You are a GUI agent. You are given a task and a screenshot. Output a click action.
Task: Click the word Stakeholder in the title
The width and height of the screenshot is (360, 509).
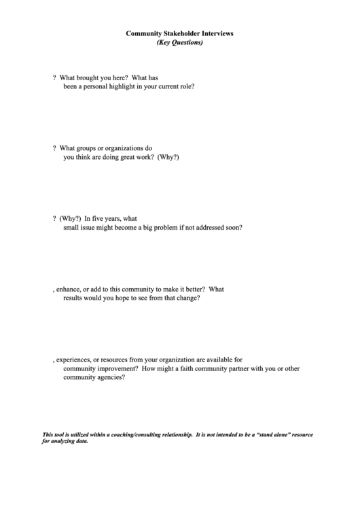180,33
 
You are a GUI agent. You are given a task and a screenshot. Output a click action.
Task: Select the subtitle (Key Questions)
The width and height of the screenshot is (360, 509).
179,42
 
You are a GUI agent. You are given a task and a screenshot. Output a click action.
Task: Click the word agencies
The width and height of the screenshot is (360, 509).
111,379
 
